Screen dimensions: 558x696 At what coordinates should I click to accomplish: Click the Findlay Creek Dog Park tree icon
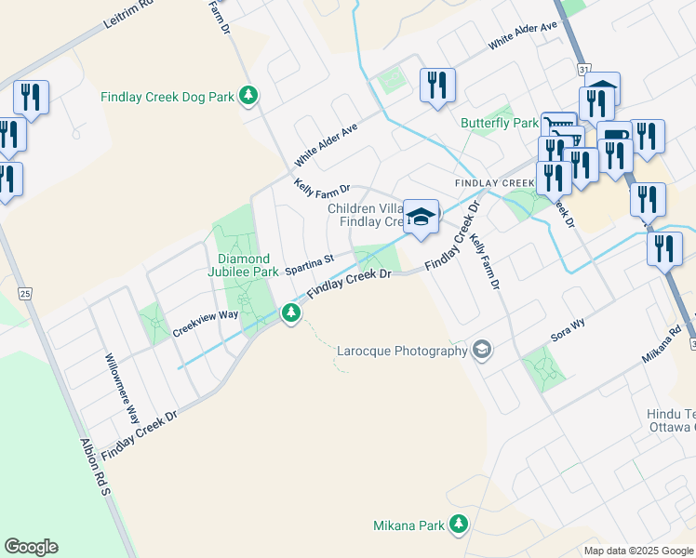pos(248,95)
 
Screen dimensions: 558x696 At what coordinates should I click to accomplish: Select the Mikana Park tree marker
pos(458,525)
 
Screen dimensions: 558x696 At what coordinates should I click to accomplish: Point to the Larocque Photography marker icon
pos(482,350)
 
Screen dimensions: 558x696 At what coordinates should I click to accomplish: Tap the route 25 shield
pos(24,294)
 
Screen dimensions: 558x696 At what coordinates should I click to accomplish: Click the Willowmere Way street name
pos(122,389)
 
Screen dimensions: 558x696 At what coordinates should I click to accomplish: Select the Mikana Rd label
pos(663,344)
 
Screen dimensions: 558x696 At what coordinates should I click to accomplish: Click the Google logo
pos(31,547)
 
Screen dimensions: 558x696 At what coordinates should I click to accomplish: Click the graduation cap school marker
pos(422,216)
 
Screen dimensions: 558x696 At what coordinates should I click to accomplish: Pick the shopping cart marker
pos(558,125)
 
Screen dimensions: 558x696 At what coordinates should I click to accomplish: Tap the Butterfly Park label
pos(500,123)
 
